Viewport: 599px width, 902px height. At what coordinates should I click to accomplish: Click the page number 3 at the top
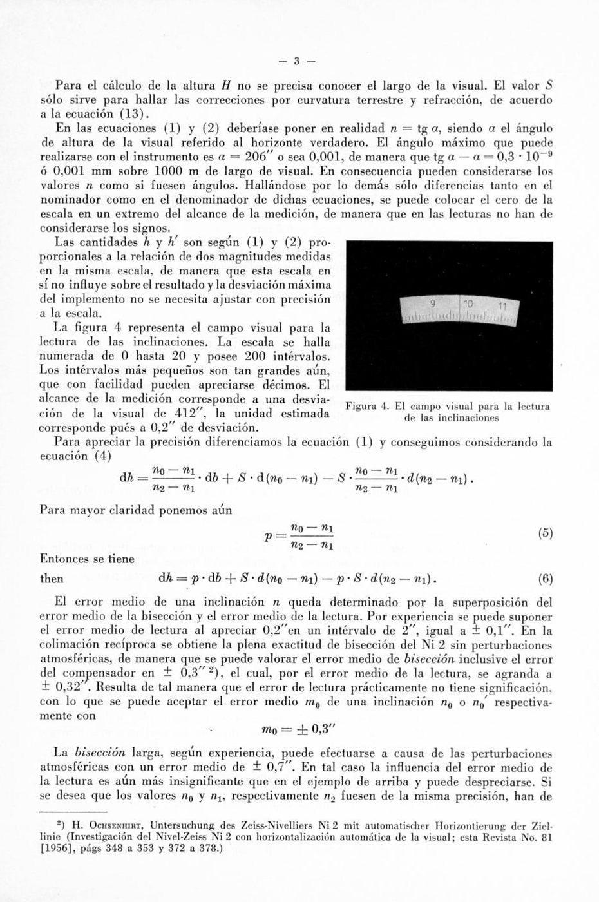tap(297, 62)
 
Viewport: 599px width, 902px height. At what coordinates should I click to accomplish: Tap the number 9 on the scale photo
tap(433, 303)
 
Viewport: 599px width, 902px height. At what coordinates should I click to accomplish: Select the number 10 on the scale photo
tap(468, 304)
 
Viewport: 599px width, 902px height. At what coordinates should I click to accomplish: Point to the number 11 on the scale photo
tap(503, 306)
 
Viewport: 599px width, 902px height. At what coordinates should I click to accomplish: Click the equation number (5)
tap(545, 534)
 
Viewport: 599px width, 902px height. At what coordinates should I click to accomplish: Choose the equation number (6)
tap(545, 579)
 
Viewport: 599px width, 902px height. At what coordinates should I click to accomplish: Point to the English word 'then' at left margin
tap(52, 579)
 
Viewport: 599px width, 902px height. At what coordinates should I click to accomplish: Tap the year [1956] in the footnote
tap(62, 849)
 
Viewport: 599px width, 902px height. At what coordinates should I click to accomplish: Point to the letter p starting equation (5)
tap(268, 536)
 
